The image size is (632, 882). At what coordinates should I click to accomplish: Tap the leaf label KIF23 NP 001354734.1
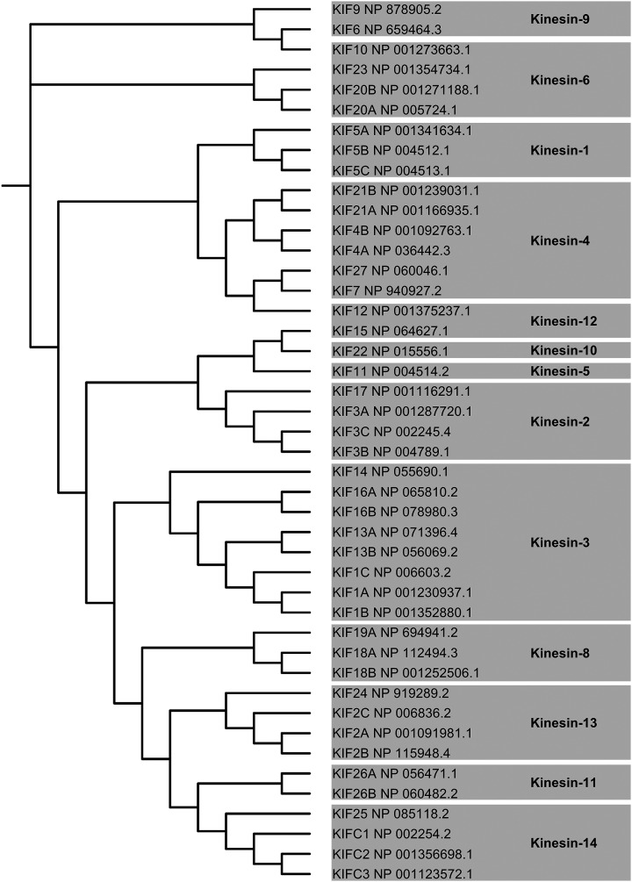coord(403,68)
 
